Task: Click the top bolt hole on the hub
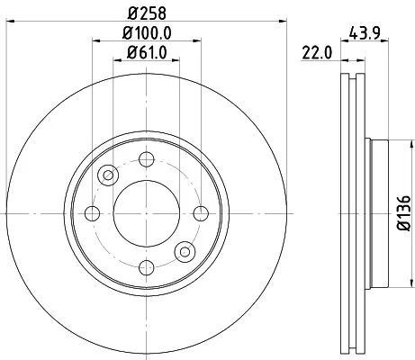tap(145, 159)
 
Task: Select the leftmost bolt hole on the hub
tap(92, 213)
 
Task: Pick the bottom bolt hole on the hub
tap(145, 267)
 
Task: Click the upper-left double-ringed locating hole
tap(108, 175)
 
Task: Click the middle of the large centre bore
tap(145, 213)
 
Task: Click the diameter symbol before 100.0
tap(125, 34)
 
